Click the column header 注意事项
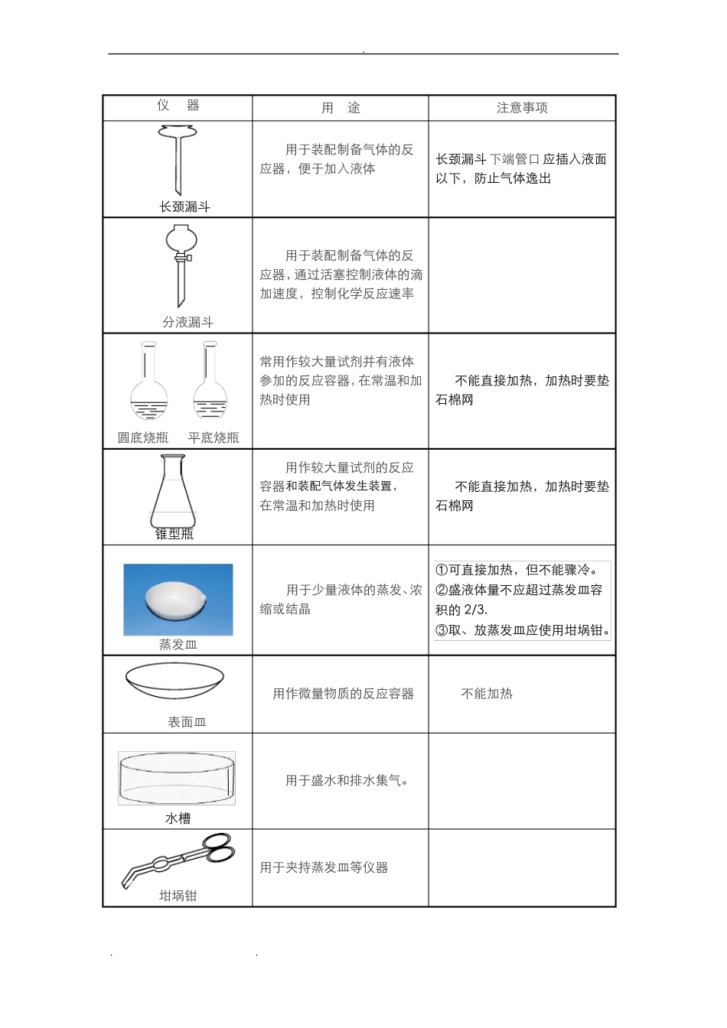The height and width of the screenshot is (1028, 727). (x=522, y=108)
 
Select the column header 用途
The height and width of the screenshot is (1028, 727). (x=341, y=108)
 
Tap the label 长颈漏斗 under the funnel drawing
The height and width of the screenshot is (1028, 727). (x=184, y=207)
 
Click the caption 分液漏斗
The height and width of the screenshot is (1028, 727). (x=187, y=322)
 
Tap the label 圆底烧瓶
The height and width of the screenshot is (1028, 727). (x=143, y=438)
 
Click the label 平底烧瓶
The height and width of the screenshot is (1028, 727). (x=214, y=438)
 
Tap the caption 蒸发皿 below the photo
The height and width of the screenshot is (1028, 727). (x=178, y=645)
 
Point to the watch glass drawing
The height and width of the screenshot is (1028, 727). (x=174, y=680)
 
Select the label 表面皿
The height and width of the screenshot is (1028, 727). (x=187, y=722)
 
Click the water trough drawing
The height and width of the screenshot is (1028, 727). (x=177, y=778)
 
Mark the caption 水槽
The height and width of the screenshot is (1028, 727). (x=178, y=818)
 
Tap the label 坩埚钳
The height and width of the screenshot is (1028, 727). (x=178, y=896)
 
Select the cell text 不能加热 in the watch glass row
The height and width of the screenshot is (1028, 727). (x=487, y=694)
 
